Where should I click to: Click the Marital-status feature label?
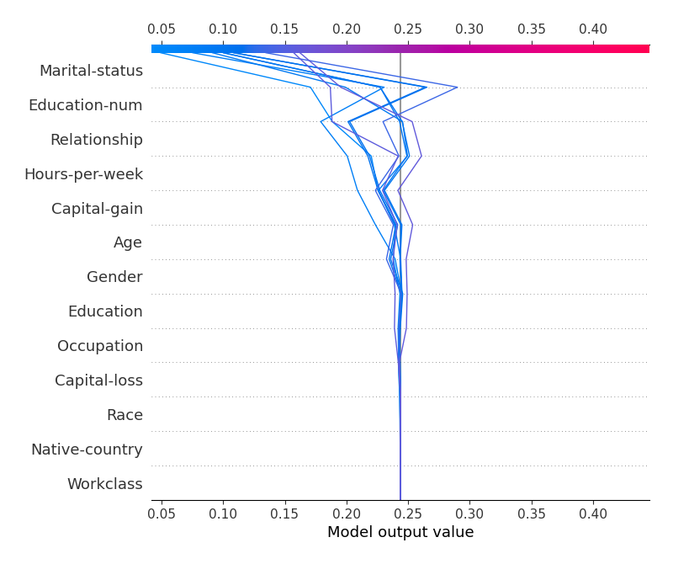click(91, 71)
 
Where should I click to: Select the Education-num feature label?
click(85, 105)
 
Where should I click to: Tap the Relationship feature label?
click(96, 140)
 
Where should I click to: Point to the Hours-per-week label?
click(83, 174)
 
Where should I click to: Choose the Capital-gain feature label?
click(97, 209)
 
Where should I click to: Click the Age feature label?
click(128, 243)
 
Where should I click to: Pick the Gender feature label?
click(114, 277)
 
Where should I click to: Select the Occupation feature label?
click(100, 346)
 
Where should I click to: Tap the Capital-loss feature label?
click(98, 380)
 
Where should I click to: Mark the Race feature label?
click(125, 415)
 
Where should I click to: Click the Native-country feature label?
click(87, 450)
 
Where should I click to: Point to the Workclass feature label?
click(104, 484)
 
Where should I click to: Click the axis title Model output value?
click(400, 532)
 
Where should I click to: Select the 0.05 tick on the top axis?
click(162, 29)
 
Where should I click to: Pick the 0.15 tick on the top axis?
click(285, 29)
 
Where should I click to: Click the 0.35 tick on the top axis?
click(532, 29)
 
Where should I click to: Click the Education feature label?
click(105, 311)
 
